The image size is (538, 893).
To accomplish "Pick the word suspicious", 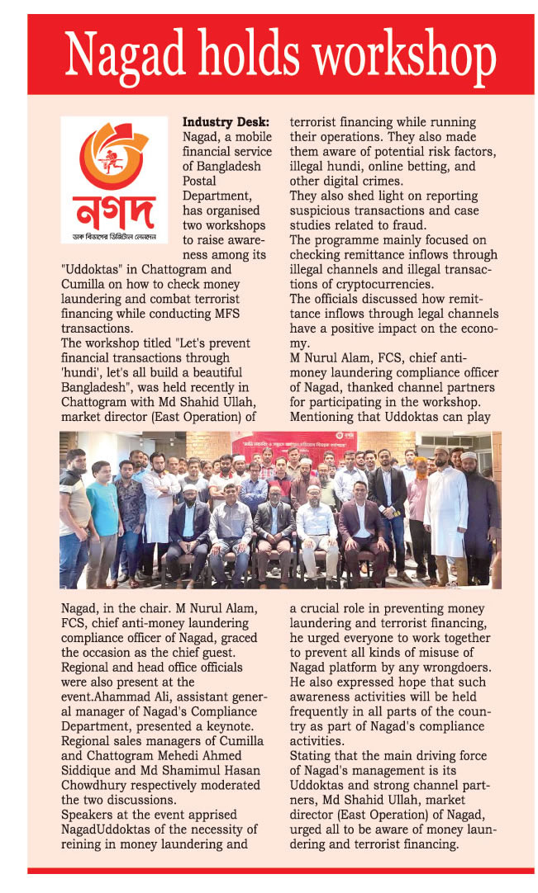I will coord(325,210).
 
